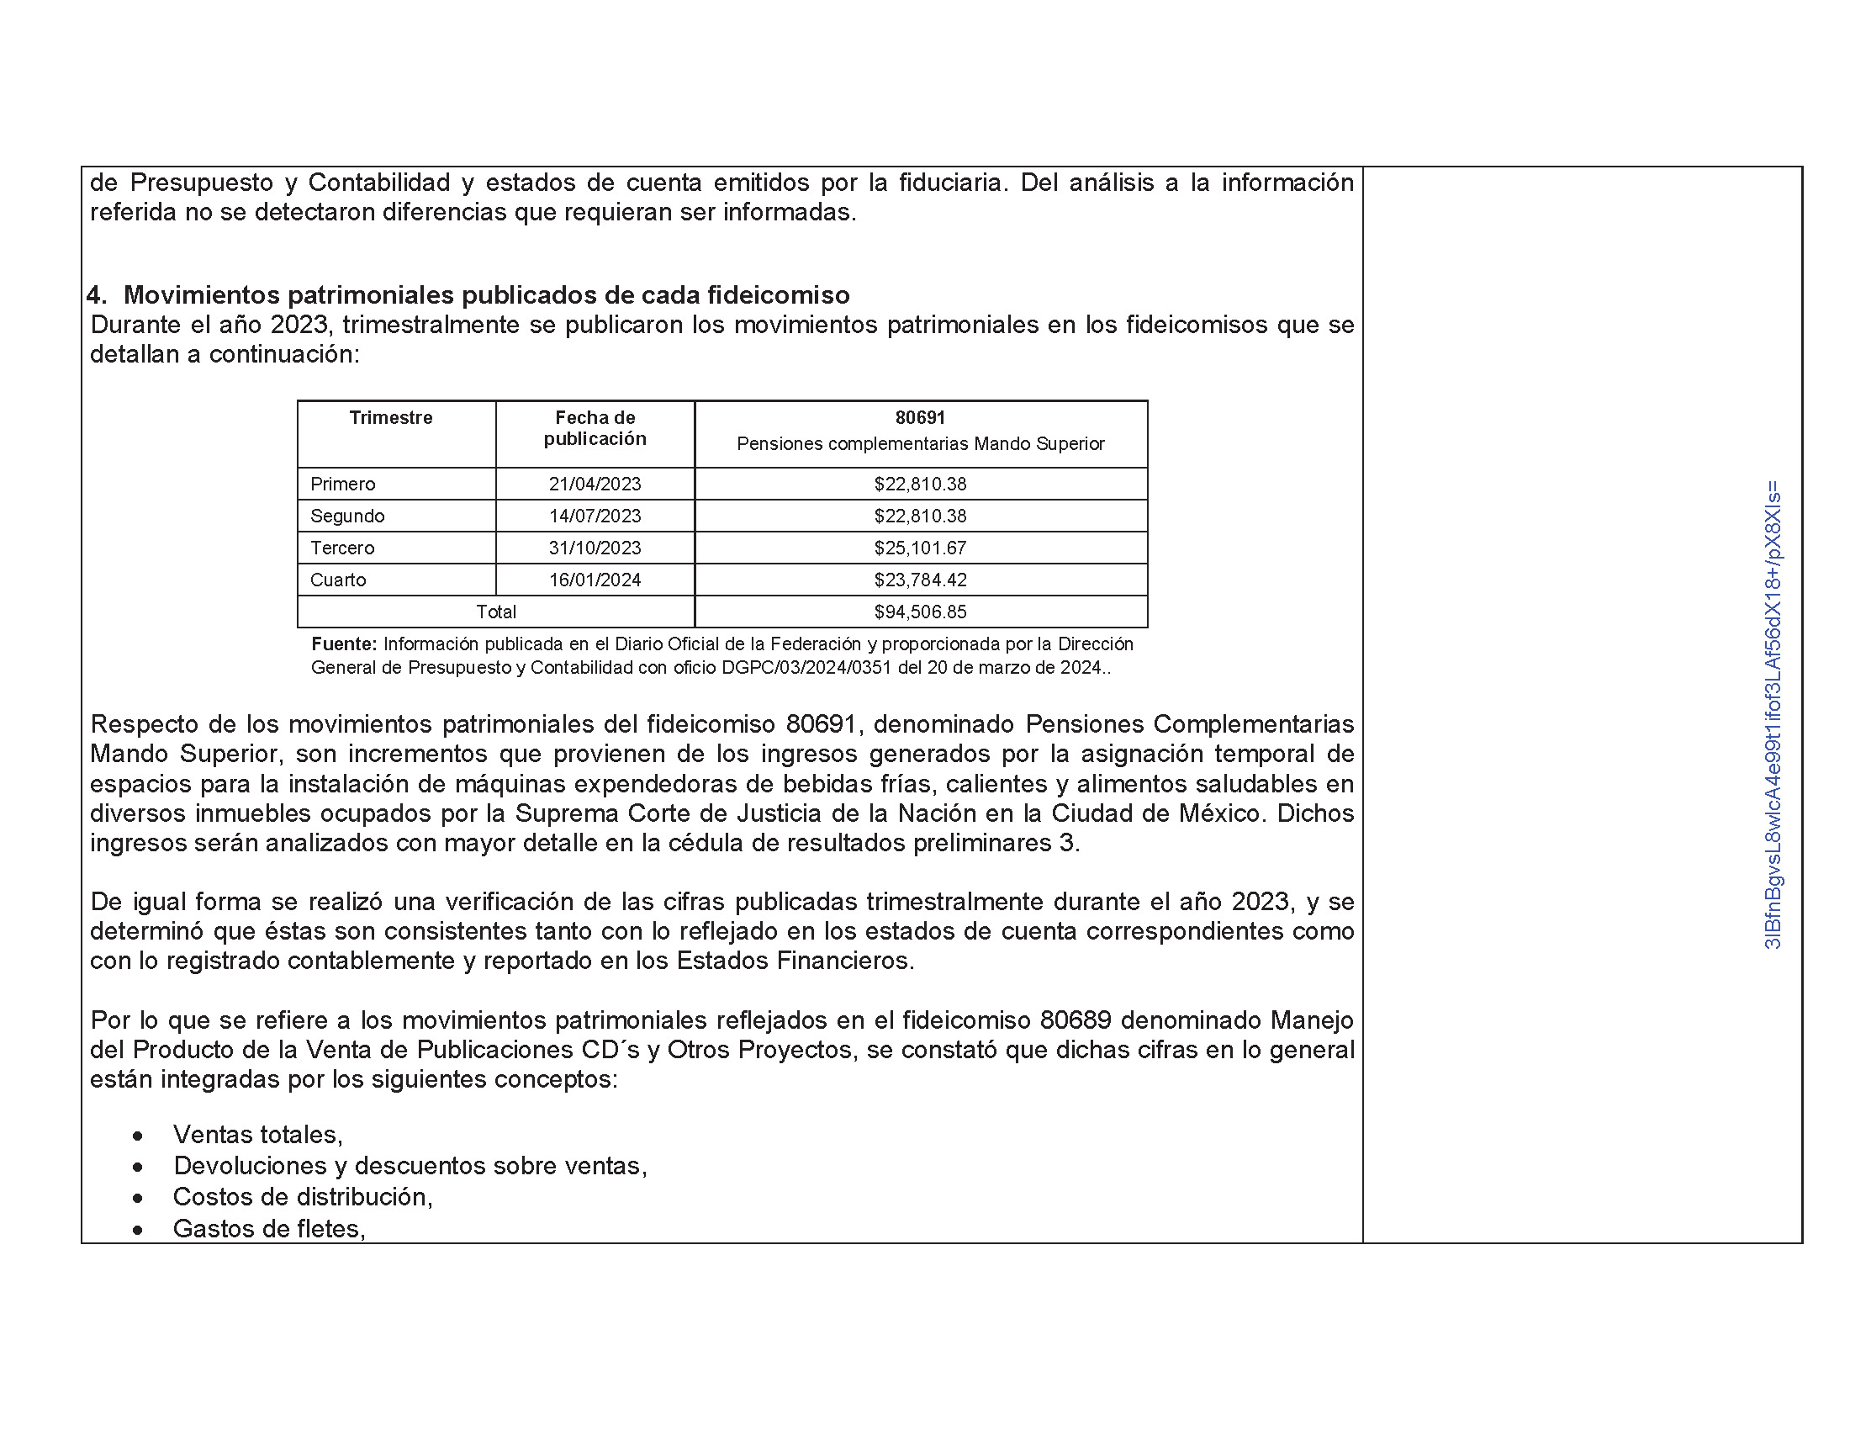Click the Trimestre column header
pyautogui.click(x=390, y=418)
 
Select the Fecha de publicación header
pyautogui.click(x=595, y=428)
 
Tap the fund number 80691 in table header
pyautogui.click(x=920, y=418)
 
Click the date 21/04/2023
pyautogui.click(x=595, y=484)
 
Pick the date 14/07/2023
pyautogui.click(x=595, y=516)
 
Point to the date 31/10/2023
pyautogui.click(x=595, y=548)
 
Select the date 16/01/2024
pyautogui.click(x=595, y=580)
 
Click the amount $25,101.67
pyautogui.click(x=920, y=548)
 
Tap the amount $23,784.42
pyautogui.click(x=920, y=580)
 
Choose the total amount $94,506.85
pyautogui.click(x=920, y=612)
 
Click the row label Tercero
pyautogui.click(x=342, y=548)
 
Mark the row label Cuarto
pyautogui.click(x=338, y=580)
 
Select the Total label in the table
pyautogui.click(x=495, y=612)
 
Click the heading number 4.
pyautogui.click(x=96, y=294)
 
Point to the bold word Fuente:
pyautogui.click(x=344, y=643)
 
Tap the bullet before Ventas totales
pyautogui.click(x=137, y=1136)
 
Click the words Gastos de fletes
pyautogui.click(x=268, y=1228)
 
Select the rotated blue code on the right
pyautogui.click(x=1772, y=714)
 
